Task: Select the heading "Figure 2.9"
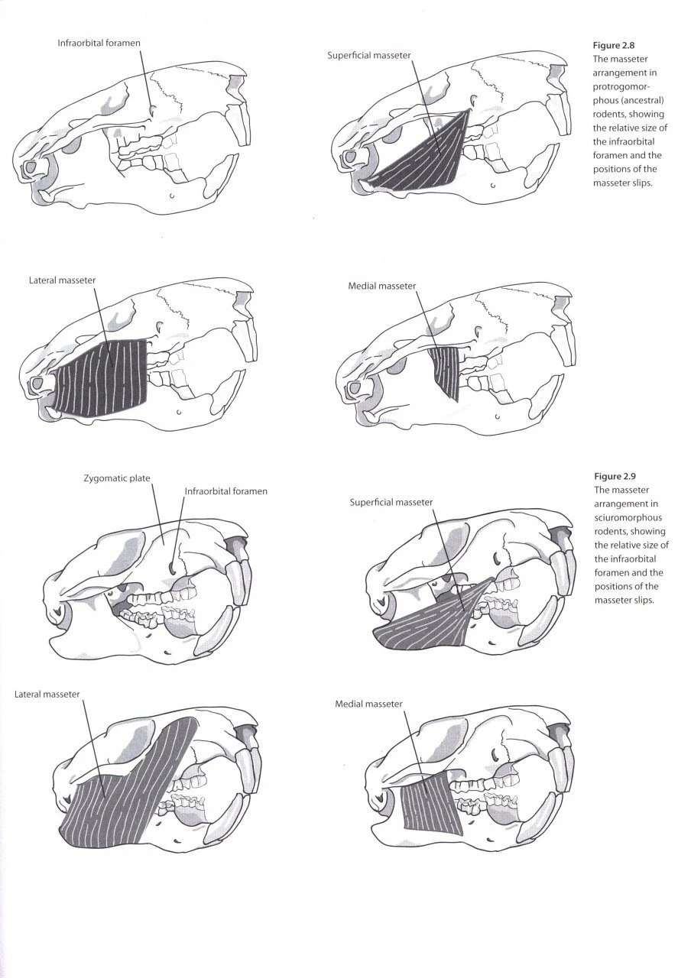tap(614, 476)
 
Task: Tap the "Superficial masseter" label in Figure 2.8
tap(368, 56)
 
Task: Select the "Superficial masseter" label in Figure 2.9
tap(391, 502)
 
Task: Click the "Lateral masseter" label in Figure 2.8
tap(63, 280)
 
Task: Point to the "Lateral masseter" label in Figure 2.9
tap(47, 694)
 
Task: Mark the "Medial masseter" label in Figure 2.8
tap(381, 286)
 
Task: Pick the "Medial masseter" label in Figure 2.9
tap(368, 703)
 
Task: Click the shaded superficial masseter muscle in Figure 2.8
tap(424, 157)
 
